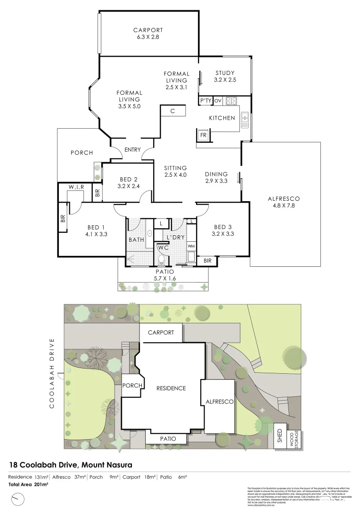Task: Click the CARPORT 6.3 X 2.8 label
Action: pos(148,33)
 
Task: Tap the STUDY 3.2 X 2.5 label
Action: pos(225,76)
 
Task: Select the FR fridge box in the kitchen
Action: pos(204,135)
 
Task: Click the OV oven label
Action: pos(218,101)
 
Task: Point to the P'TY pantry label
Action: pos(205,101)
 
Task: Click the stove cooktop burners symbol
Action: pos(231,100)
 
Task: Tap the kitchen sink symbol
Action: pos(245,120)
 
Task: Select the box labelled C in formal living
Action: pos(172,111)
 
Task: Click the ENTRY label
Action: pos(133,150)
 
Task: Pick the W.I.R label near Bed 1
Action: pos(76,187)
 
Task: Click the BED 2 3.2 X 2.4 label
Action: pos(129,182)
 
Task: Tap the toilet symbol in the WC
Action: pos(161,259)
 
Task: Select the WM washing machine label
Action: pos(191,246)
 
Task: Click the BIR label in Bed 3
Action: pos(208,261)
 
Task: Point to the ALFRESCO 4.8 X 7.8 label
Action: pos(283,202)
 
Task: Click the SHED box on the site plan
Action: pos(279,438)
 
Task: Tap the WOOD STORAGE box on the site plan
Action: pos(295,438)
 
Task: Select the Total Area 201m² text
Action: pos(28,484)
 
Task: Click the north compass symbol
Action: pos(17,498)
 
